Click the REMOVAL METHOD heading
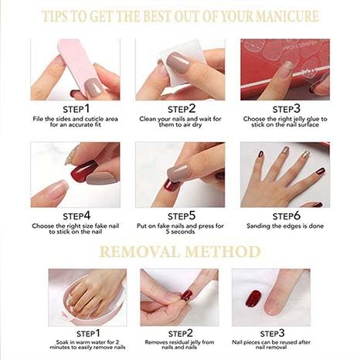179,251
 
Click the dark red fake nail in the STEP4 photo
83,170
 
